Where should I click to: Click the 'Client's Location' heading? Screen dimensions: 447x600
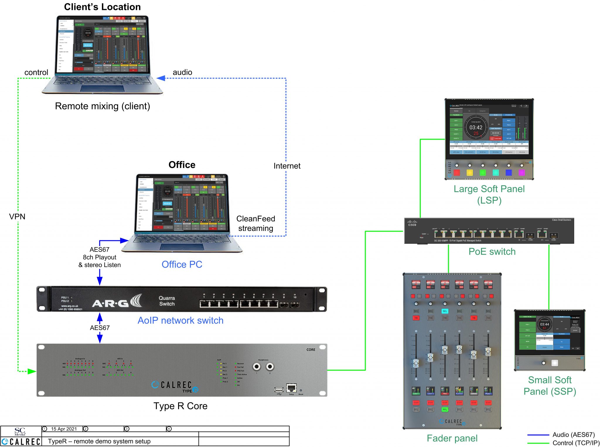[x=102, y=7]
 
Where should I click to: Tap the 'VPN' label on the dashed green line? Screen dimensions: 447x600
[x=17, y=217]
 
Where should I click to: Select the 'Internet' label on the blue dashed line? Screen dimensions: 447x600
[x=287, y=166]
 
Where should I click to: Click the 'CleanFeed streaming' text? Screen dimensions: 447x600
[x=255, y=223]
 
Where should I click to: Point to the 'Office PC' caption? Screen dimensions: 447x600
[x=182, y=264]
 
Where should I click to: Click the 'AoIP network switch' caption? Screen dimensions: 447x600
[x=180, y=320]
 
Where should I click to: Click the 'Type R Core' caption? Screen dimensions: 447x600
[x=180, y=406]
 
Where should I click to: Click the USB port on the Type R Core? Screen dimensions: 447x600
[x=279, y=389]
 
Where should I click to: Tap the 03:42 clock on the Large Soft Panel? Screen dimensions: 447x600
[x=476, y=128]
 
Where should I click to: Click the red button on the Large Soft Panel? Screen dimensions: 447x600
[x=456, y=173]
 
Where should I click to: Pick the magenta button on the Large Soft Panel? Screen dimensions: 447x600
[x=521, y=173]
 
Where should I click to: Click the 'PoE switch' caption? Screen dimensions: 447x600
[x=492, y=251]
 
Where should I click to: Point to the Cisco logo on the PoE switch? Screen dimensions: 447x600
[x=412, y=223]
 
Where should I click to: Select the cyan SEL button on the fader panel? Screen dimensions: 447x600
[x=445, y=311]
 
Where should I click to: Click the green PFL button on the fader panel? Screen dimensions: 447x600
[x=445, y=410]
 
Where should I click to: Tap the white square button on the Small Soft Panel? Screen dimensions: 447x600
[x=555, y=363]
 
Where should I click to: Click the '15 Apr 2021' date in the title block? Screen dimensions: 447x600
[x=64, y=429]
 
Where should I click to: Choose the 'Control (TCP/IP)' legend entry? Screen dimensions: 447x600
[x=576, y=443]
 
